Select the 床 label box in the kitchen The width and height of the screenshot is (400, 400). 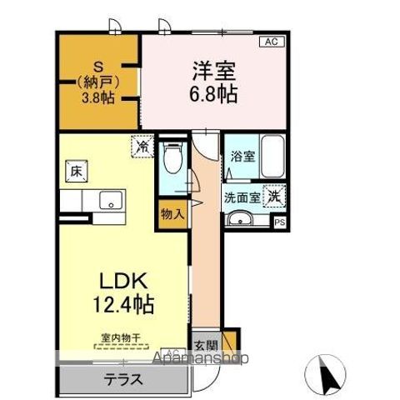tap(73, 172)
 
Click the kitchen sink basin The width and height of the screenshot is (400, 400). tap(109, 201)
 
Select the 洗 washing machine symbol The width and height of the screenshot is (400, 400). tap(274, 197)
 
